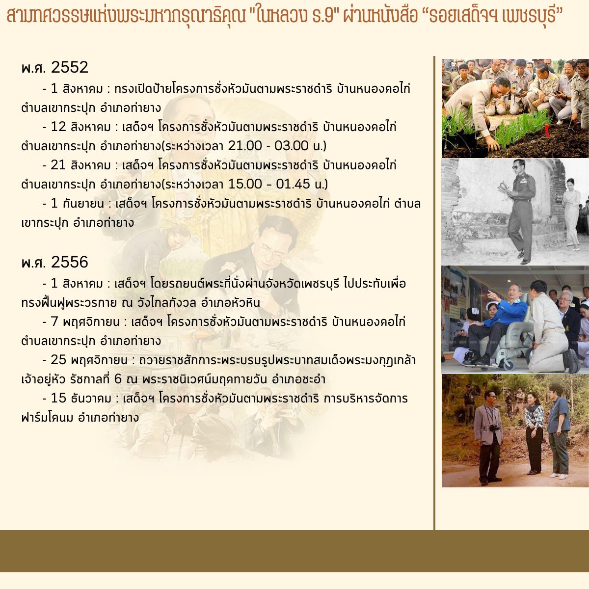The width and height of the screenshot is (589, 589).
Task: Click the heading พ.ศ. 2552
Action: click(54, 67)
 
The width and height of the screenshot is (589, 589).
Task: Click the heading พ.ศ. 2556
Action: click(54, 262)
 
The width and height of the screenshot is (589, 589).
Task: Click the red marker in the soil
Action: click(547, 131)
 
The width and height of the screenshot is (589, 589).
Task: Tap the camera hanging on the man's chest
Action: click(494, 428)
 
